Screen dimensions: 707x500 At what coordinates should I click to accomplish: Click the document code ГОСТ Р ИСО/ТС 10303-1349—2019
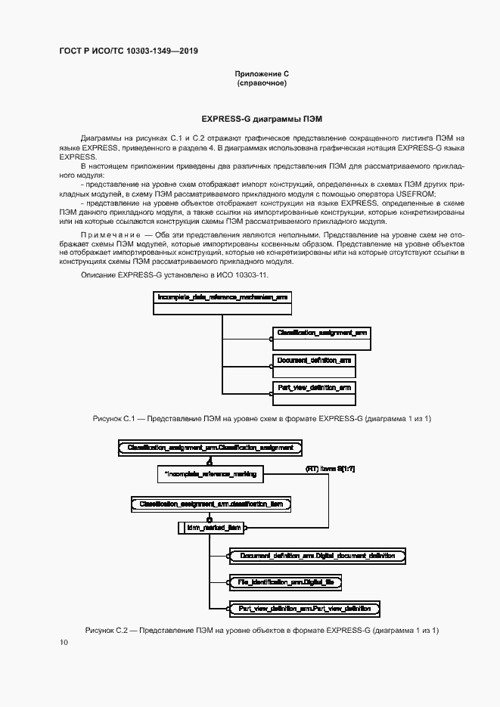[129, 51]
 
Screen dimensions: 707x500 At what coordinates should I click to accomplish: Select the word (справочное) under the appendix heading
[262, 82]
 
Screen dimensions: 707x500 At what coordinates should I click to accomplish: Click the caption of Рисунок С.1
[262, 418]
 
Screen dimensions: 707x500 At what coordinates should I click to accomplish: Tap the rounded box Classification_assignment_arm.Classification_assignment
[210, 448]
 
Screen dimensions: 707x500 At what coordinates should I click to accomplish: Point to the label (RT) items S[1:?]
[330, 470]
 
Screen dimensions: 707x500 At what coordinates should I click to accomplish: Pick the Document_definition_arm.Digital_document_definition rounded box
[317, 556]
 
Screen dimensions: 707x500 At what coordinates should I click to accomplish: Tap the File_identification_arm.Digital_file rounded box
[286, 582]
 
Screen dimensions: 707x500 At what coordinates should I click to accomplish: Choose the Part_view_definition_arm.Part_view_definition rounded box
[304, 608]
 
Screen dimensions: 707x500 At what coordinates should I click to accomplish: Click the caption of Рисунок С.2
[262, 631]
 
